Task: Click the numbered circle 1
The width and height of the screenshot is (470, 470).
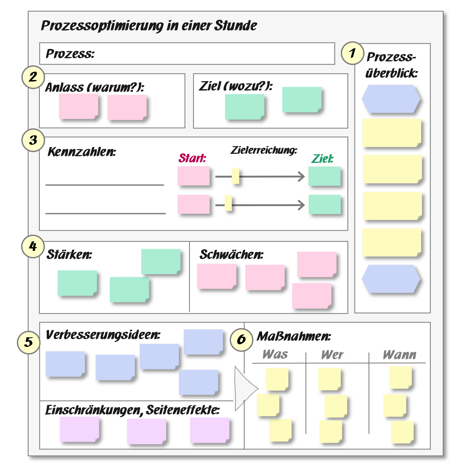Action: [x=352, y=53]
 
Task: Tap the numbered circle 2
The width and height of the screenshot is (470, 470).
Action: [x=33, y=77]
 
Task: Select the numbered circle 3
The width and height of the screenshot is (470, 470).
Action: [x=33, y=140]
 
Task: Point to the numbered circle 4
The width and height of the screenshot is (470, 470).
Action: [x=33, y=246]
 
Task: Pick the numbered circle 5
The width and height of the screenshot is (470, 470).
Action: [x=29, y=342]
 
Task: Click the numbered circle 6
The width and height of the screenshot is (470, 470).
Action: [x=241, y=340]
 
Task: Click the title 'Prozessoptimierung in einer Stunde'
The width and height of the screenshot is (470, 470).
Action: [x=149, y=26]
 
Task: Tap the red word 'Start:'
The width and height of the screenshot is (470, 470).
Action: [x=192, y=158]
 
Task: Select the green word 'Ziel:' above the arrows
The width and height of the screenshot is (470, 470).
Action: [x=322, y=159]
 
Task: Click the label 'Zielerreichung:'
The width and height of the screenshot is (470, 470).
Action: [x=264, y=150]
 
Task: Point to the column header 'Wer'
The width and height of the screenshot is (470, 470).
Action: [x=332, y=355]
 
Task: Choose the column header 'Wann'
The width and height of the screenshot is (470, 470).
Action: [x=399, y=355]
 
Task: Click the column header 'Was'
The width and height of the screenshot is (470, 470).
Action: [x=275, y=354]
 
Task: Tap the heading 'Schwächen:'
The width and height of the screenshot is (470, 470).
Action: [x=231, y=254]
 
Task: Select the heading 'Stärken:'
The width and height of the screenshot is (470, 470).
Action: [x=69, y=254]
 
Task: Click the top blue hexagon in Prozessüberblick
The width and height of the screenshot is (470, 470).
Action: [x=391, y=99]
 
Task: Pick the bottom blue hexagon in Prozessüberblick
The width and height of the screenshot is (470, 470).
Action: [x=391, y=279]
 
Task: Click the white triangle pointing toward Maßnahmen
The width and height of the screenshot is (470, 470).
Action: [x=244, y=389]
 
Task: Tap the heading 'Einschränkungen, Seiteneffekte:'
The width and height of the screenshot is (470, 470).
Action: [x=132, y=410]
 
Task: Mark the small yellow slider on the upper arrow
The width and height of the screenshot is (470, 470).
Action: [x=235, y=176]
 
